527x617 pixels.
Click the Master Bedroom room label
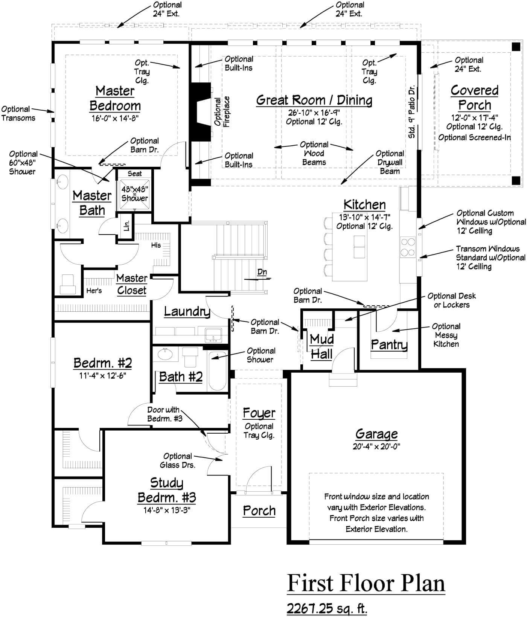115,98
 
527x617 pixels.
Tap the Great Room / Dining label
314,100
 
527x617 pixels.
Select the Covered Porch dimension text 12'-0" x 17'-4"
475,117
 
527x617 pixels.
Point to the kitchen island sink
359,247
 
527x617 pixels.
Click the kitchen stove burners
408,247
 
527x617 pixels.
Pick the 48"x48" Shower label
134,193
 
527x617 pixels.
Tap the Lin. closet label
126,225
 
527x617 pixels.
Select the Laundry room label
187,311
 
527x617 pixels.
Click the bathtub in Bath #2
217,371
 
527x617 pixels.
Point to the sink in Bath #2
165,354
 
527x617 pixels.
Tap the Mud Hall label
321,347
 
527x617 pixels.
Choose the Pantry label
389,344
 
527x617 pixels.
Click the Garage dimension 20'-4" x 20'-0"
376,446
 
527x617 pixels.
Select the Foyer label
259,413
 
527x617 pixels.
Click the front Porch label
259,511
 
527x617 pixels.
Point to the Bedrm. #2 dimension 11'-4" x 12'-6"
103,376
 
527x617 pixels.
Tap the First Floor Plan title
366,583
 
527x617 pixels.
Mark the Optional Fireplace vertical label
222,112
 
